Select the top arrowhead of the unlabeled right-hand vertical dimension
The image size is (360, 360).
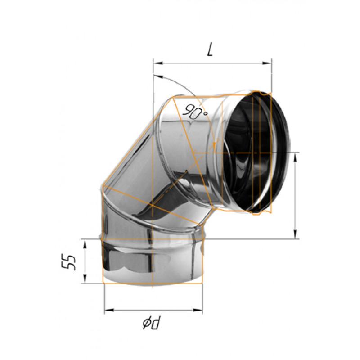295,156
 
